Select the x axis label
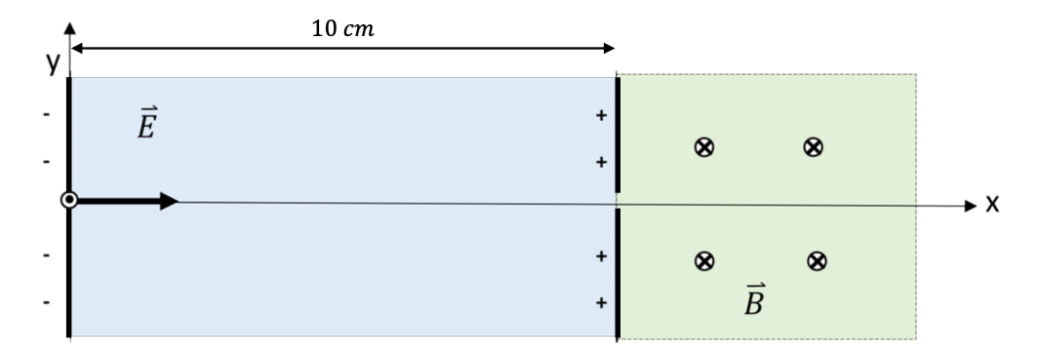click(993, 205)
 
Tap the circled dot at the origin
click(68, 201)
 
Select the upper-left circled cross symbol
click(701, 147)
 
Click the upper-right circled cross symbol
click(811, 147)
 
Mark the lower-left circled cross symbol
click(701, 260)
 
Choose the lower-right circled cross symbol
click(818, 260)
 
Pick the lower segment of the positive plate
click(618, 273)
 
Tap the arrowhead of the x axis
click(970, 206)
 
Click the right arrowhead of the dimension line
click(609, 47)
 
